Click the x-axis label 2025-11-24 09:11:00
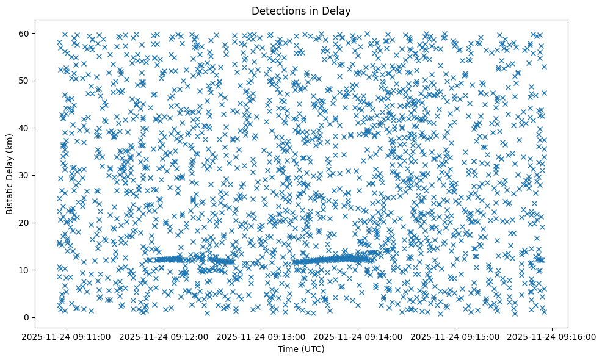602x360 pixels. point(67,337)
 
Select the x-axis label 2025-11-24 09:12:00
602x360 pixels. point(164,337)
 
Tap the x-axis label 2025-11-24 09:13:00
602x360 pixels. point(261,337)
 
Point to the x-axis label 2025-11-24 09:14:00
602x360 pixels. point(358,337)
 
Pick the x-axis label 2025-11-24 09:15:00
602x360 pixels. point(455,337)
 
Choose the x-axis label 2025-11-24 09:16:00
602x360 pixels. point(553,337)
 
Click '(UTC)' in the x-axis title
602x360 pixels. point(314,349)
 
